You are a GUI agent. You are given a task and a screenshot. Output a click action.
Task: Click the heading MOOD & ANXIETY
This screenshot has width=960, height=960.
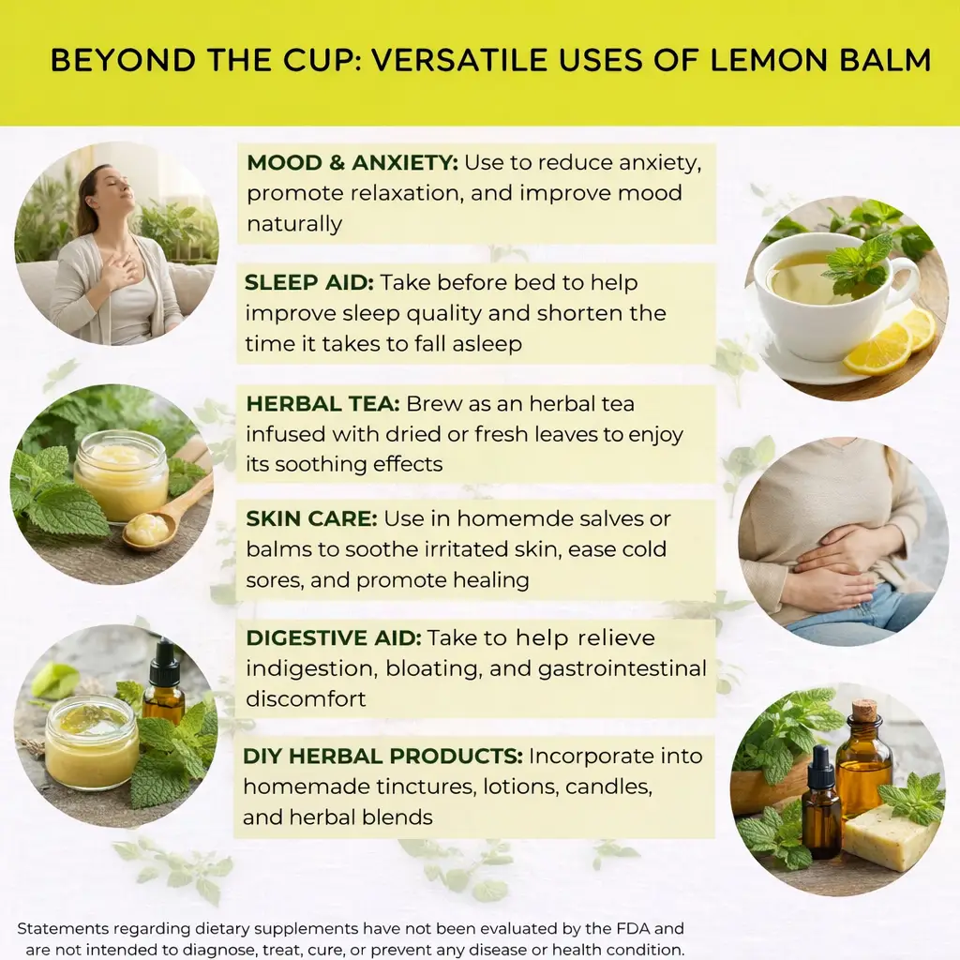(x=352, y=163)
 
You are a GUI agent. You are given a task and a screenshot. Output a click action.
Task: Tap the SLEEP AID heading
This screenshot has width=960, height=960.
(x=309, y=283)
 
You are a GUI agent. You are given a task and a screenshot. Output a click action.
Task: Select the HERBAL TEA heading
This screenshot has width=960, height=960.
(x=322, y=404)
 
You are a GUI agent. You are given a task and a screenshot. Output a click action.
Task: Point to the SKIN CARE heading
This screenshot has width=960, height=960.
(x=311, y=518)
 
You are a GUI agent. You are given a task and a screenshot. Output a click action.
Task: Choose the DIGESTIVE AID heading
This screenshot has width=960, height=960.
(x=334, y=637)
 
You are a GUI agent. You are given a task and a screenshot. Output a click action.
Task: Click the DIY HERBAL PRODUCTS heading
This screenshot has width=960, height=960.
(x=382, y=757)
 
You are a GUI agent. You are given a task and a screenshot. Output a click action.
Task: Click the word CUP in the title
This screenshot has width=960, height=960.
(x=322, y=60)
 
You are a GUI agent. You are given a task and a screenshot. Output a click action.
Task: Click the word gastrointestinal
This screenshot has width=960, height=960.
(x=622, y=669)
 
